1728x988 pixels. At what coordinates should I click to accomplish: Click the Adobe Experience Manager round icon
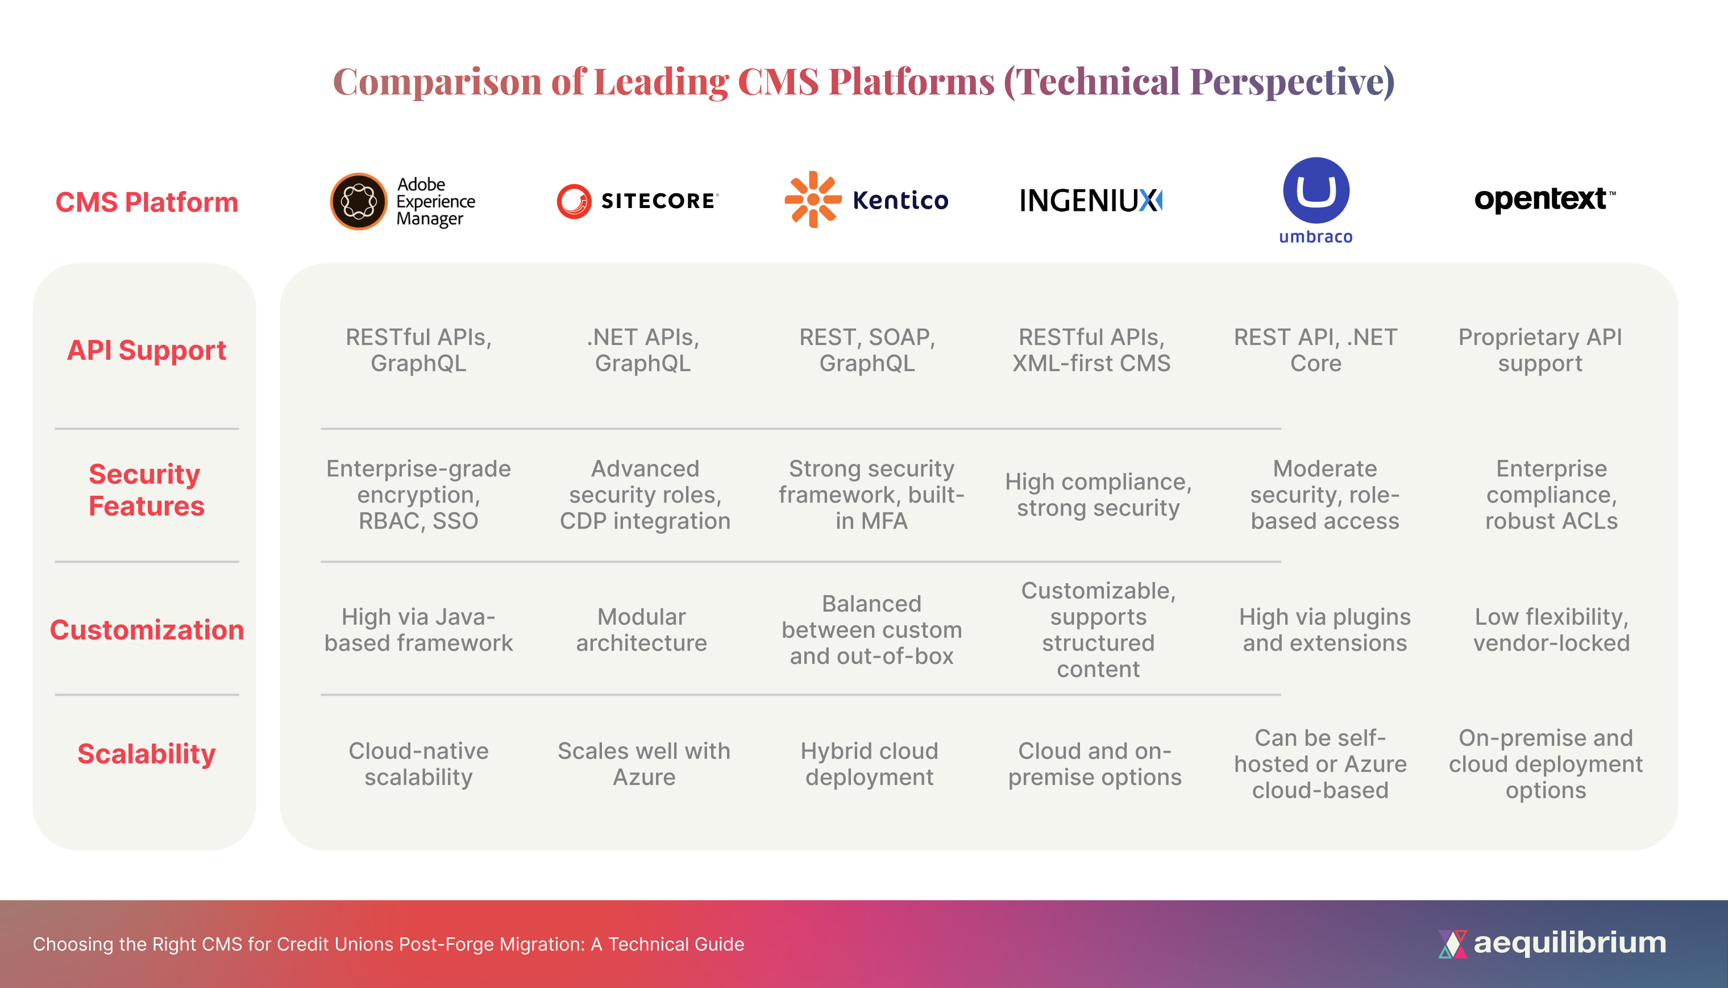point(358,202)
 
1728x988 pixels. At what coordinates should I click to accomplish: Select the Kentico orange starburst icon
point(812,200)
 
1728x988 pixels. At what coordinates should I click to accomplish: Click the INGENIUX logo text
point(1091,201)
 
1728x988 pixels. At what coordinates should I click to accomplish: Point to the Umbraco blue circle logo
point(1315,190)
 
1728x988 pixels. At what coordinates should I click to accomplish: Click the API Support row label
point(147,350)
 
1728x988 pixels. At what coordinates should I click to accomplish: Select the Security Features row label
point(146,490)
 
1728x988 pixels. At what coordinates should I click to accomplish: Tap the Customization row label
point(147,630)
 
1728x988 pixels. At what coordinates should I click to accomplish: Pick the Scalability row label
point(147,754)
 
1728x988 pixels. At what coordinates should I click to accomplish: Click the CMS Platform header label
point(147,202)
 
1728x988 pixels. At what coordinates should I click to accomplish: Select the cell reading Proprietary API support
point(1540,350)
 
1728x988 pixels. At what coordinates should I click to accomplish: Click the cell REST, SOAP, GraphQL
point(867,350)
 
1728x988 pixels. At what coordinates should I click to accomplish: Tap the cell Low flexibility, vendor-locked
point(1551,630)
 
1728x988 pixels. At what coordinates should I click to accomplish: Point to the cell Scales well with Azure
point(644,764)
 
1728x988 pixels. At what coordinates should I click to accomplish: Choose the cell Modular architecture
point(642,630)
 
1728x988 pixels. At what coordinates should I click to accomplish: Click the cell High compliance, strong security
point(1098,495)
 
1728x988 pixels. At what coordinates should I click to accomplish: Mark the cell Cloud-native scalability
point(418,764)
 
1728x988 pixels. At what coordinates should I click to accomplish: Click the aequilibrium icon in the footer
point(1452,943)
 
